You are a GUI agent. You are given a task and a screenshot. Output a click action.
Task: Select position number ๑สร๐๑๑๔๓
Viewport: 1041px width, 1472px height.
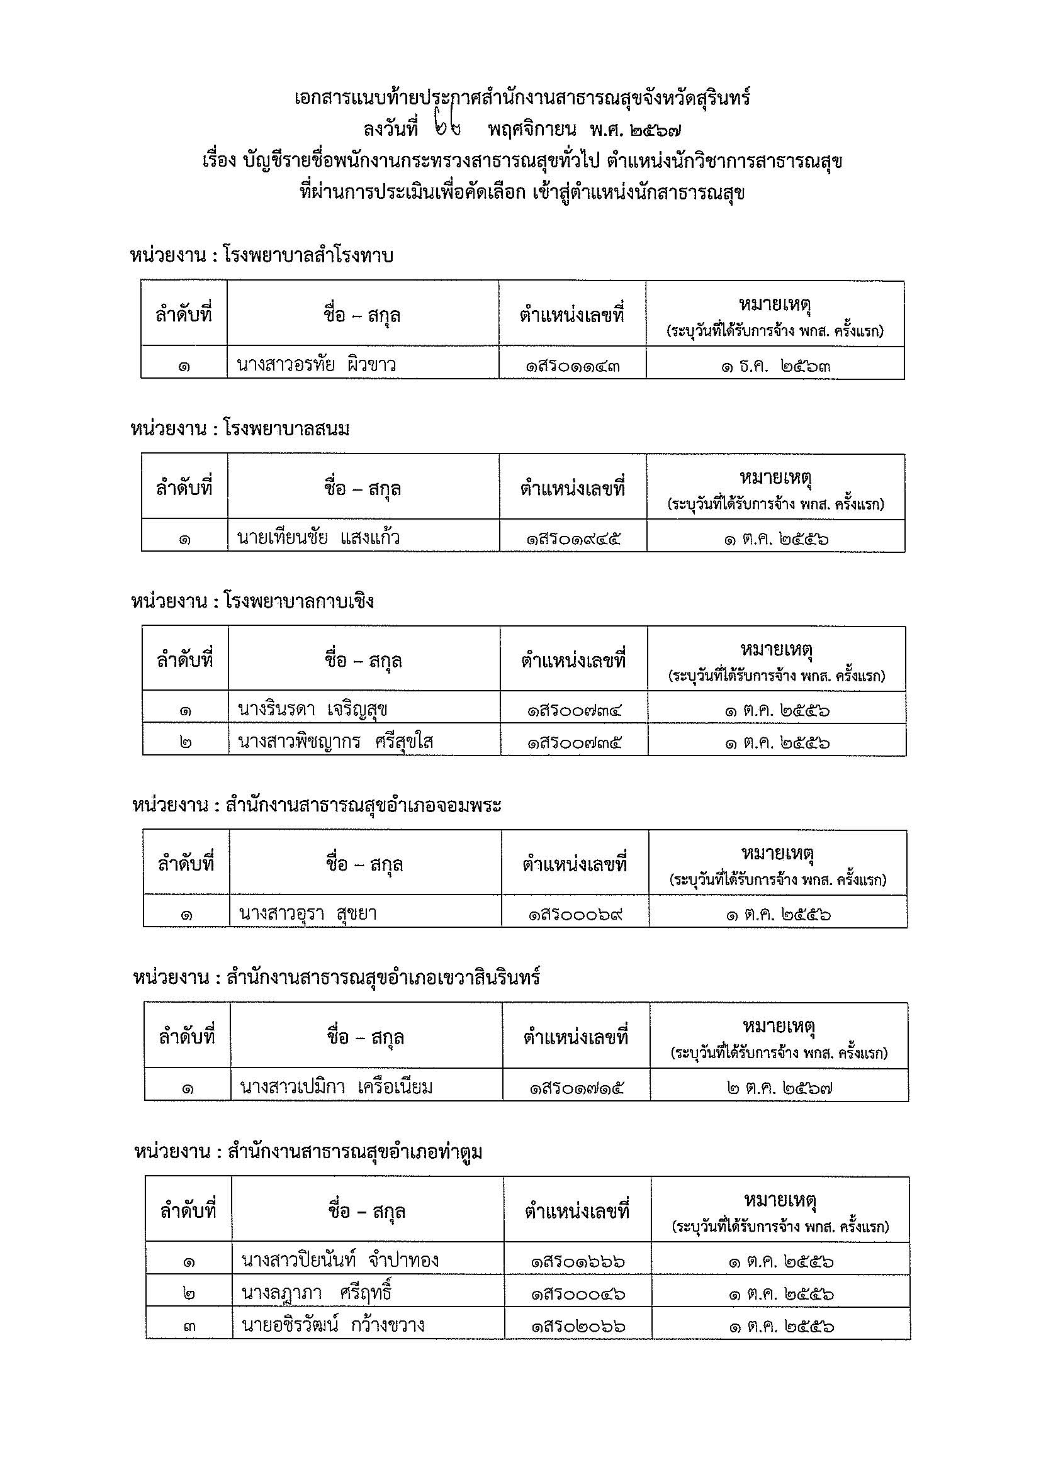[572, 367]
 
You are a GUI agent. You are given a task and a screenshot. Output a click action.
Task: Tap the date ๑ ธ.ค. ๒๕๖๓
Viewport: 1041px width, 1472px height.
[775, 367]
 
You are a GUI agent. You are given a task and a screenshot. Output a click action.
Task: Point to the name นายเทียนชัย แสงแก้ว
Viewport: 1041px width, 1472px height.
[318, 538]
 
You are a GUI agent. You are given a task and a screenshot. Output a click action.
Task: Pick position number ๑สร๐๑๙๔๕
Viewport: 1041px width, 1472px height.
[573, 539]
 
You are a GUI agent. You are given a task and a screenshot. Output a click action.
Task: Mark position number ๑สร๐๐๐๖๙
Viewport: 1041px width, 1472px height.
[575, 915]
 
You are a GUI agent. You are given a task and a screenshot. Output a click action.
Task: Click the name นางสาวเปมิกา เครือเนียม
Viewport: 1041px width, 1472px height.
[336, 1086]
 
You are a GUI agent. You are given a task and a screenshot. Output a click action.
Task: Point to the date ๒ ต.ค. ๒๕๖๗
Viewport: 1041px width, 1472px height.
[779, 1088]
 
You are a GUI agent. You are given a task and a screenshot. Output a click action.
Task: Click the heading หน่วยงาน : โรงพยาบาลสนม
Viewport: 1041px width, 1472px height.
[240, 429]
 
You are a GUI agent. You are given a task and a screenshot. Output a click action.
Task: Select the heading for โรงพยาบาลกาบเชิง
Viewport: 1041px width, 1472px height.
[252, 601]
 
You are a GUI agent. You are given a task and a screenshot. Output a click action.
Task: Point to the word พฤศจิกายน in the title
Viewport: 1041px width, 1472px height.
[532, 130]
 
